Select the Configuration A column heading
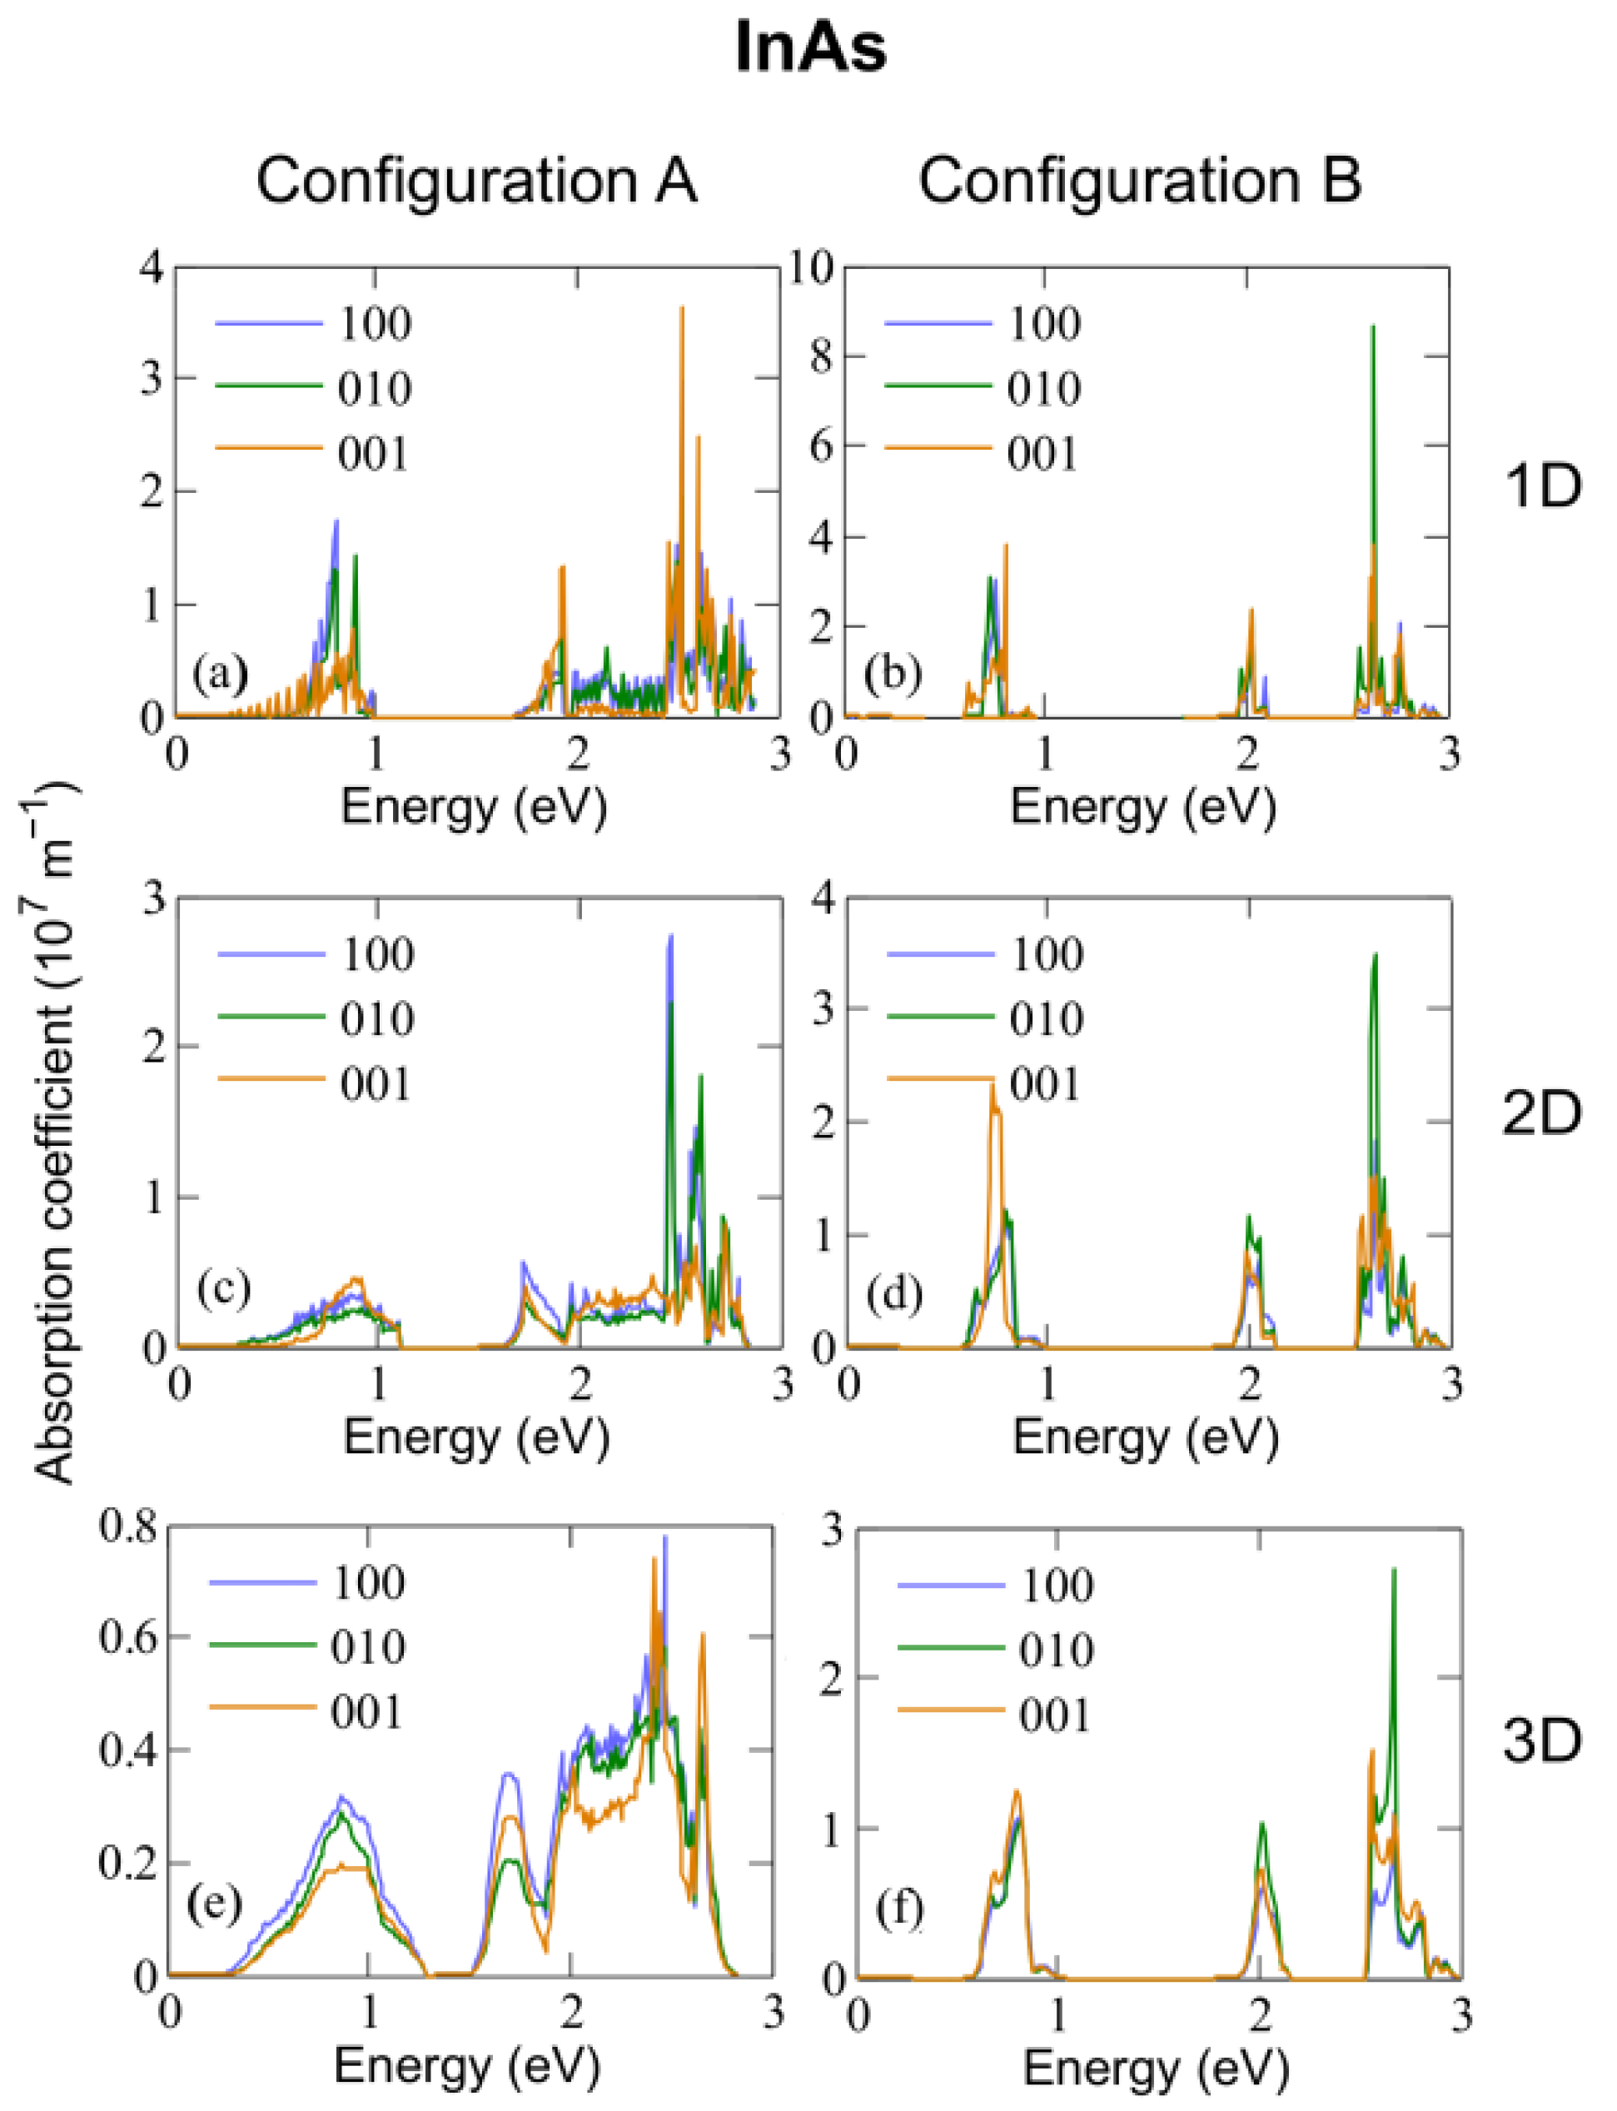pos(475,180)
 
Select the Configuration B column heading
pos(1140,180)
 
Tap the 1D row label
pos(1542,487)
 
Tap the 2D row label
pos(1542,1113)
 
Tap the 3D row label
pos(1542,1740)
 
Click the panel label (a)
pos(220,674)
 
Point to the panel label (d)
pos(894,1294)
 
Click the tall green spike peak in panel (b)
pos(1372,328)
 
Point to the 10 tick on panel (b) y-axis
pos(810,267)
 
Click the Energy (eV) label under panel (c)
pos(476,1438)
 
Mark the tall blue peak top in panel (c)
pos(671,937)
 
